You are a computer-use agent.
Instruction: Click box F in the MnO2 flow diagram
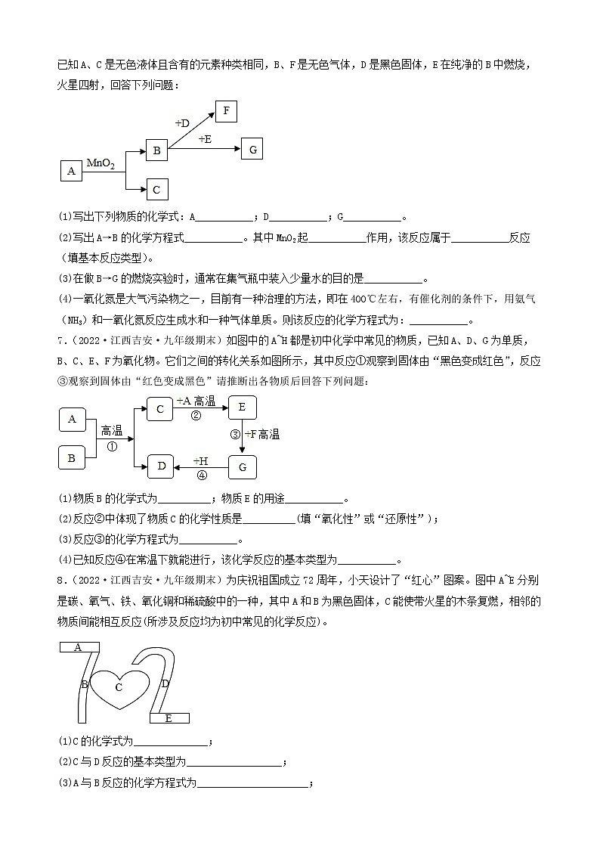pyautogui.click(x=226, y=111)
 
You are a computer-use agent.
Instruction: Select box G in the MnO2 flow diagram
pyautogui.click(x=252, y=150)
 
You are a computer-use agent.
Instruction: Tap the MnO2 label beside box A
pyautogui.click(x=101, y=163)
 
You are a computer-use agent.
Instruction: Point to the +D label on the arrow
pyautogui.click(x=182, y=122)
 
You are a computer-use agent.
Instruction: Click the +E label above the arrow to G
pyautogui.click(x=205, y=139)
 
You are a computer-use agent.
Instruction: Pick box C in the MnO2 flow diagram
pyautogui.click(x=156, y=189)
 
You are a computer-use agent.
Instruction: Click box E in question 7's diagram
pyautogui.click(x=242, y=407)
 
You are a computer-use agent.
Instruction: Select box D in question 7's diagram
pyautogui.click(x=161, y=466)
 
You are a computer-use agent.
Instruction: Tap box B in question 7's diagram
pyautogui.click(x=72, y=457)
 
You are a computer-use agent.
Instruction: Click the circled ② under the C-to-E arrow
pyautogui.click(x=196, y=416)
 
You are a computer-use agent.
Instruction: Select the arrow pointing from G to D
pyautogui.click(x=201, y=467)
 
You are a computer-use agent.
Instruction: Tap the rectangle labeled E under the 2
pyautogui.click(x=169, y=717)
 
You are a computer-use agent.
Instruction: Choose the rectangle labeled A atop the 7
pyautogui.click(x=79, y=647)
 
